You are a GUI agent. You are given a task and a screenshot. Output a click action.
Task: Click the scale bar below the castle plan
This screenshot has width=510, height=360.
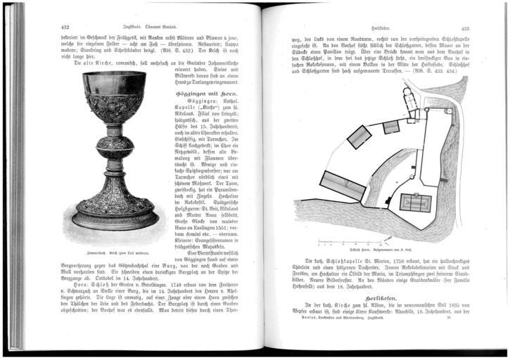tap(352, 243)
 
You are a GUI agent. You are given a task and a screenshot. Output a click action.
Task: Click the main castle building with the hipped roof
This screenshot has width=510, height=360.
tap(416, 202)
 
